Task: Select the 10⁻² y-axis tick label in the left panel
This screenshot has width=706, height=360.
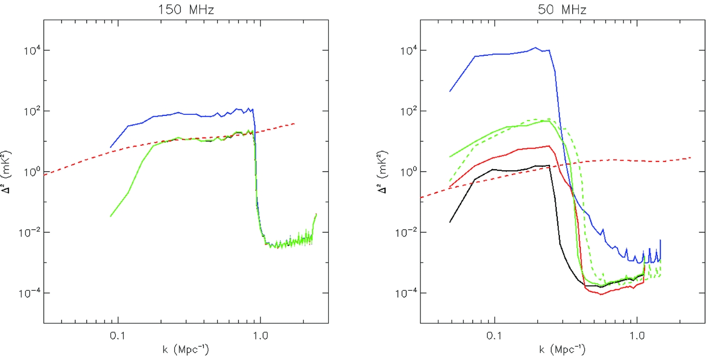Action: click(x=29, y=232)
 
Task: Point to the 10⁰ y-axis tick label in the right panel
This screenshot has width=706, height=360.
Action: click(x=407, y=171)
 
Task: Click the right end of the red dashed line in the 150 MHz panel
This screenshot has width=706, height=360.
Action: click(x=295, y=123)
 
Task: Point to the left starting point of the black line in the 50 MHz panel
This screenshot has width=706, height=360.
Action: click(x=450, y=222)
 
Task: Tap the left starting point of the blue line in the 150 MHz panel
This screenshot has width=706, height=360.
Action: click(x=110, y=148)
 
